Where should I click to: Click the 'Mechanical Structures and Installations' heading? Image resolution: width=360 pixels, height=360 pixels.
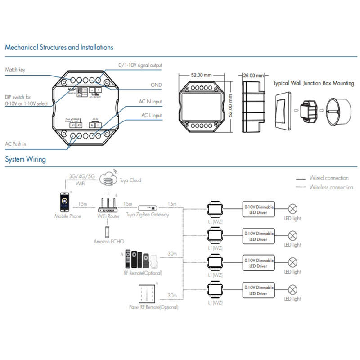coord(59,47)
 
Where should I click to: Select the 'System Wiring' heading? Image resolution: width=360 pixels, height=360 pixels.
coord(25,159)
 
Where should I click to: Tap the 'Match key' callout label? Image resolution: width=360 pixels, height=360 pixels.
coord(15,70)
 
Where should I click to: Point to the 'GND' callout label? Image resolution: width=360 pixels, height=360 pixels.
coord(156,85)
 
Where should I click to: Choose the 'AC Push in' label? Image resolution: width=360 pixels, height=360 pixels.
coord(16,144)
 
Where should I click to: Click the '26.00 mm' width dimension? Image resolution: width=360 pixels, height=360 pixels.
coord(252,76)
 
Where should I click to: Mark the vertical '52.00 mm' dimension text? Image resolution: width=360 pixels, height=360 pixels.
coord(231,105)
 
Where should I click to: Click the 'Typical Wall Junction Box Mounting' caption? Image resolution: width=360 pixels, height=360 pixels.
coord(314,83)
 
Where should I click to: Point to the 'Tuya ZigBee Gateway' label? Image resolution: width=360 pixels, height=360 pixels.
coord(148,215)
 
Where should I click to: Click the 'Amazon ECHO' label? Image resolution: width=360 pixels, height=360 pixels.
coord(108,242)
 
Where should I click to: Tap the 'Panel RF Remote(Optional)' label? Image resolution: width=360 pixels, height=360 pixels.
coord(153,307)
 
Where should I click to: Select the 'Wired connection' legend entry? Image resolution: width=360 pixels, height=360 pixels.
coord(328,178)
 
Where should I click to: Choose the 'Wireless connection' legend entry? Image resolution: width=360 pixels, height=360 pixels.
coord(331,187)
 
